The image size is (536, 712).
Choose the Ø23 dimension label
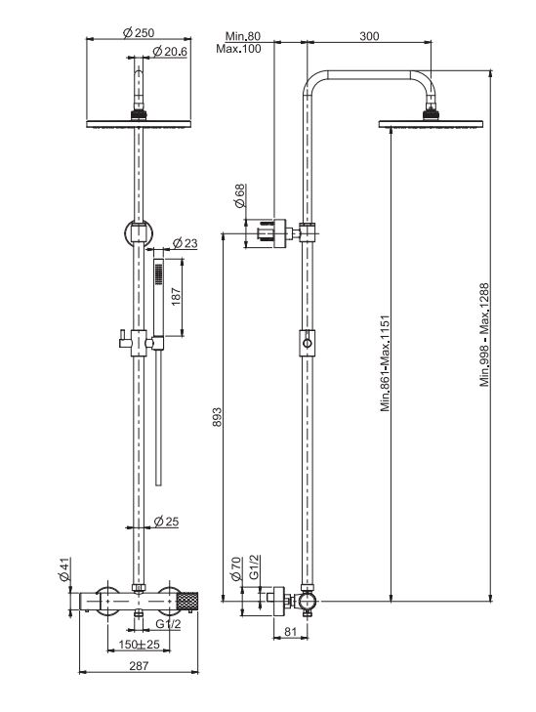185,243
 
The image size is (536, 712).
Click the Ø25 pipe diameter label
166,524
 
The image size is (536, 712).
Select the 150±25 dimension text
140,646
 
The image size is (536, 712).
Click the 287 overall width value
140,666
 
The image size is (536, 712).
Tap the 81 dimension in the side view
290,632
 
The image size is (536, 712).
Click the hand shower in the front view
158,293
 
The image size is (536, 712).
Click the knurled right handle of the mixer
187,597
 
